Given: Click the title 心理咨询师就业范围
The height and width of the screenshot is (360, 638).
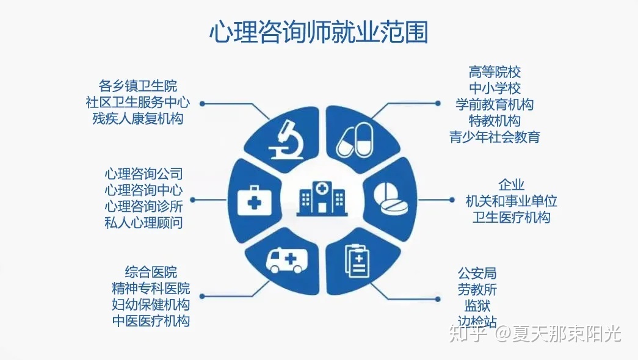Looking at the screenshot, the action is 319,32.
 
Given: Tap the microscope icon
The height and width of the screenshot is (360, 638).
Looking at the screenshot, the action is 287,140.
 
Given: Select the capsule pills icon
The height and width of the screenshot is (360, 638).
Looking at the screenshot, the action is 354,141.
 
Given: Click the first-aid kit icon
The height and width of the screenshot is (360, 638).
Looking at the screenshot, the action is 255,201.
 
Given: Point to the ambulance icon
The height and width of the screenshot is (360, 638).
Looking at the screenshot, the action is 287,261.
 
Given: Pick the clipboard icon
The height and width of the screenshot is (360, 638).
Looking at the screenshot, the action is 357,261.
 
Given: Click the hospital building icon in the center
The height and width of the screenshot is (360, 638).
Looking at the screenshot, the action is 322,198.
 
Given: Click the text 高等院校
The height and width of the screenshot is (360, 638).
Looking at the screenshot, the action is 495,72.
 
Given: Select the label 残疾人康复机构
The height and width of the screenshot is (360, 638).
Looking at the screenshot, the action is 137,118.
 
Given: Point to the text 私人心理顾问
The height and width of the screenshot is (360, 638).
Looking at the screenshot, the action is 143,223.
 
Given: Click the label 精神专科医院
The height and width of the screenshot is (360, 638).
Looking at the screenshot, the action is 151,289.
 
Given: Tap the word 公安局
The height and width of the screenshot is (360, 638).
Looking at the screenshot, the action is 477,273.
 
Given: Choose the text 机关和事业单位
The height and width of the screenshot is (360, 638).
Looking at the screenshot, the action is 511,201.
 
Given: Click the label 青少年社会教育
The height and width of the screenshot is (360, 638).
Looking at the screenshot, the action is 495,137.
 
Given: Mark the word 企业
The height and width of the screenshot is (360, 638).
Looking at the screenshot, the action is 511,185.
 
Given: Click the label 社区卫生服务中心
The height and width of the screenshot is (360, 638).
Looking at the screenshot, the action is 137,102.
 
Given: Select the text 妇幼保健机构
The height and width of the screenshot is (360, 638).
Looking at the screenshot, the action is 151,304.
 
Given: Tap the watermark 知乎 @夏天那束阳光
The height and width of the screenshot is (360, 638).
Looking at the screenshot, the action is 535,334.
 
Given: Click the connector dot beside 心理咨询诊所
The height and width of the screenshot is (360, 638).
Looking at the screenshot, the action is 193,200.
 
